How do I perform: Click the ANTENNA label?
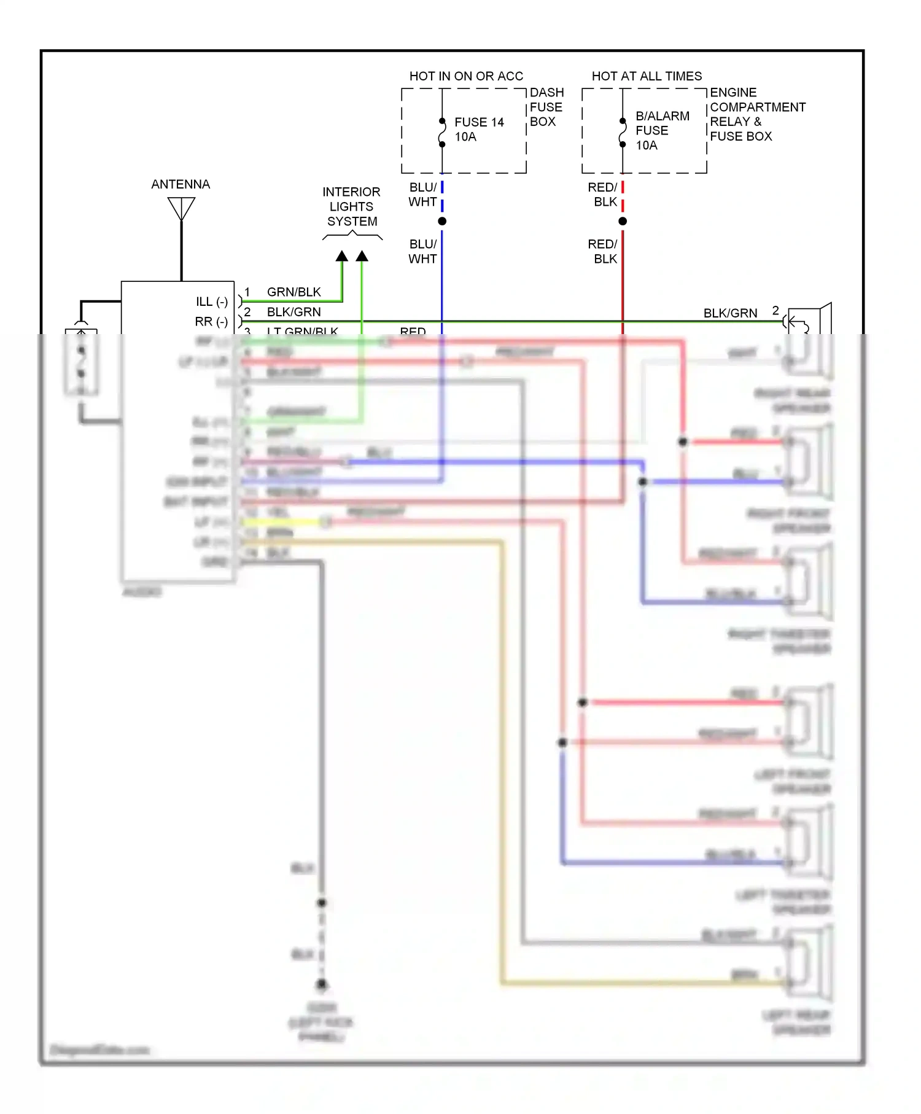click(x=181, y=184)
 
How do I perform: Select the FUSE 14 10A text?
click(x=479, y=130)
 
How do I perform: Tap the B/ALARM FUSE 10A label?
click(x=662, y=130)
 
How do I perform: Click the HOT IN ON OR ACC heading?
click(x=466, y=76)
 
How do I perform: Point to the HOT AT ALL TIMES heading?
click(x=647, y=76)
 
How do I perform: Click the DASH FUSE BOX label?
click(x=546, y=107)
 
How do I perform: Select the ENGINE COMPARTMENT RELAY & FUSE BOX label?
click(x=756, y=114)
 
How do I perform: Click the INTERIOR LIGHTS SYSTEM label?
click(x=351, y=206)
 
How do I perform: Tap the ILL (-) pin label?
click(x=211, y=302)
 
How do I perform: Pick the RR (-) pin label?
click(x=211, y=322)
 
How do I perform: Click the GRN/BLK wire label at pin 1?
click(x=293, y=292)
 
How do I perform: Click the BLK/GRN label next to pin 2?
click(x=293, y=312)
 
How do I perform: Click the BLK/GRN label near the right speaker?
click(x=730, y=313)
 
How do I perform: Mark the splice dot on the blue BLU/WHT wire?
click(x=442, y=221)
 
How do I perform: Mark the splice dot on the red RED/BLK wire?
click(x=623, y=221)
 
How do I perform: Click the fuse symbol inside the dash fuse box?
click(x=442, y=133)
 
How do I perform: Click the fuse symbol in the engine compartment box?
click(x=623, y=133)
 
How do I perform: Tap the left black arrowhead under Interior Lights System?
click(x=342, y=256)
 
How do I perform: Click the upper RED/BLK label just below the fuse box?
click(x=603, y=195)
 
